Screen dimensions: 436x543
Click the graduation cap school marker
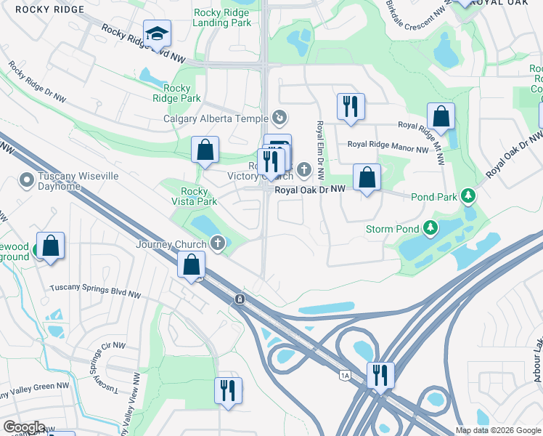pos(156,34)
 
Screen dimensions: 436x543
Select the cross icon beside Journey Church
pos(216,243)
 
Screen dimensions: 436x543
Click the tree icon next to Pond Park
pos(470,195)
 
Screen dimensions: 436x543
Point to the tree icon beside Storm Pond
pos(431,230)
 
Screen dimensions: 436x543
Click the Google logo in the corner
pos(24,427)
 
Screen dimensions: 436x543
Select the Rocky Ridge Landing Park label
pos(222,17)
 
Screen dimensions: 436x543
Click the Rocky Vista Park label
pos(194,196)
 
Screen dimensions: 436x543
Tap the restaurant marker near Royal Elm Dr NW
pos(351,106)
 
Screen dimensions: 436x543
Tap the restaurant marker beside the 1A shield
pos(380,374)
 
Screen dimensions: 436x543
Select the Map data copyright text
pos(497,430)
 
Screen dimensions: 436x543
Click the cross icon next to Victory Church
pos(303,170)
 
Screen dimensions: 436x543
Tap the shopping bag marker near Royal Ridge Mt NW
pos(441,116)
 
